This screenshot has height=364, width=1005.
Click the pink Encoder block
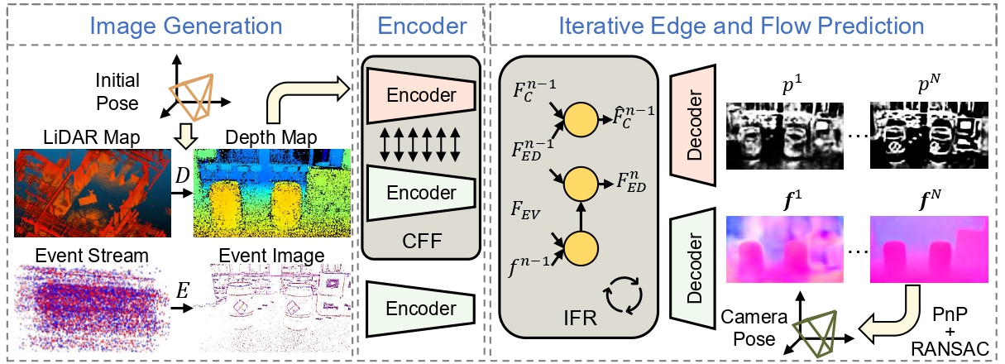421,94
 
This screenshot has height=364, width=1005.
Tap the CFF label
421,241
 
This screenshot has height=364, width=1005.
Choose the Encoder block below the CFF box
421,309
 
